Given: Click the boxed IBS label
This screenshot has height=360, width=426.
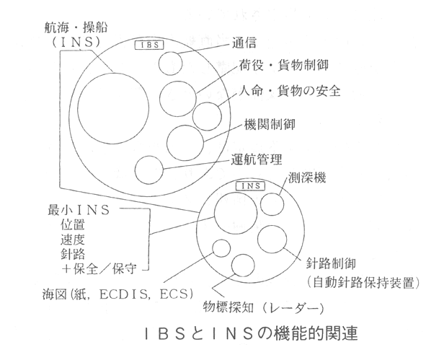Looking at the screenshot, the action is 149,45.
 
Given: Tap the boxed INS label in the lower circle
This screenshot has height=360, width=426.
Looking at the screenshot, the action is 250,186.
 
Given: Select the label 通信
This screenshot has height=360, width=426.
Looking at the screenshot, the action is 244,43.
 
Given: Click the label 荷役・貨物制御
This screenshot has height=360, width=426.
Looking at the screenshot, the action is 283,65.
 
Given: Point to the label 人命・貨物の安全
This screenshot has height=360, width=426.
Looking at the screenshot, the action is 289,91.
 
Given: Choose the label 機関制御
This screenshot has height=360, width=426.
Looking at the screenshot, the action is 270,125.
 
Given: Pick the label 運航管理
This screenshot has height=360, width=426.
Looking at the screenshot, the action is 257,159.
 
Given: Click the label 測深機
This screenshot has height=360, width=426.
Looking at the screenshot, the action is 307,178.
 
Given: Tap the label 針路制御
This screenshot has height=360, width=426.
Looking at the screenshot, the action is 331,263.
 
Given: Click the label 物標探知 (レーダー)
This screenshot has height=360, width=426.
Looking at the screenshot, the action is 264,308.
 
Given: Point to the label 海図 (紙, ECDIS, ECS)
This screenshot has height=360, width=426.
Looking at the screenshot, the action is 118,294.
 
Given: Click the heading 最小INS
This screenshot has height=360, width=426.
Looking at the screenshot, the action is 79,210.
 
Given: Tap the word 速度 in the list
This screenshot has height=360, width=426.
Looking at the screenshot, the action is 73,240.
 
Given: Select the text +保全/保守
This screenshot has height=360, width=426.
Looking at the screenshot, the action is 99,269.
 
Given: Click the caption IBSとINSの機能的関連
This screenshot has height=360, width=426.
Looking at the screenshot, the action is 252,333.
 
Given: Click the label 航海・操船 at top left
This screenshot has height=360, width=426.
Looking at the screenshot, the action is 76,28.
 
